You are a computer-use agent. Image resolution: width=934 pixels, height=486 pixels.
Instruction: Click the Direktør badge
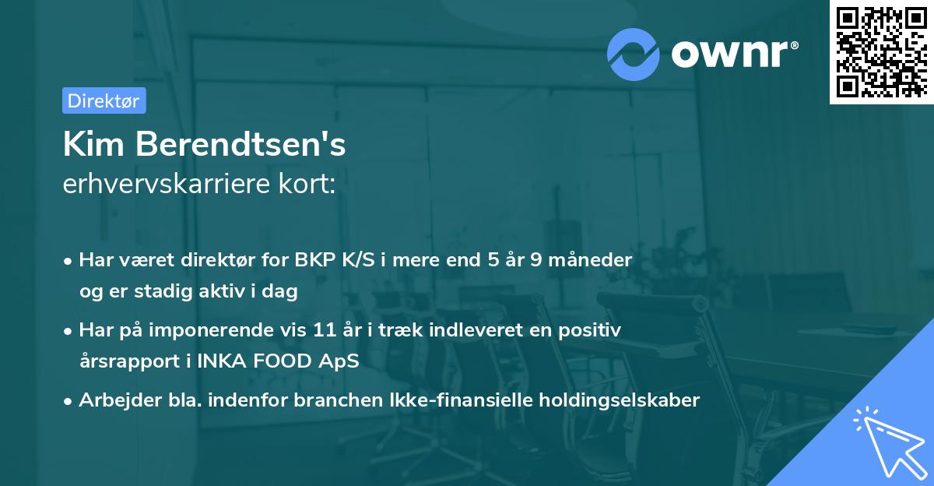click(104, 100)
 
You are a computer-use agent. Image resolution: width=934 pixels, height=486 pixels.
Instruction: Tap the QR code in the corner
click(880, 51)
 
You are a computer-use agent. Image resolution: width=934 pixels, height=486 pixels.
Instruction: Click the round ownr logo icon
click(634, 54)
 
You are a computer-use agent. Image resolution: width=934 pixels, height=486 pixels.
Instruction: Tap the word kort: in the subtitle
click(308, 185)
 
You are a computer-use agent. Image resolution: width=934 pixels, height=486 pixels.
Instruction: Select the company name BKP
click(315, 259)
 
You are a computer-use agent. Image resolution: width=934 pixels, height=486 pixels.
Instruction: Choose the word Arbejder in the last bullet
click(114, 400)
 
